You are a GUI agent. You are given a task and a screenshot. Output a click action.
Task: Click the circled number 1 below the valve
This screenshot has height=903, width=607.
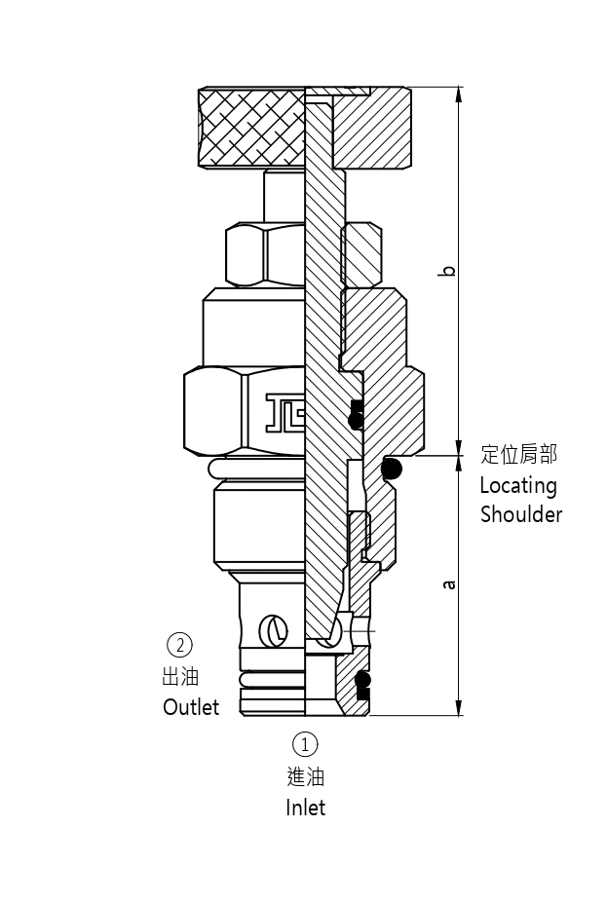click(x=305, y=745)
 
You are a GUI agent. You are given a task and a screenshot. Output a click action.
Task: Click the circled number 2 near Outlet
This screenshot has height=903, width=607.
click(x=179, y=645)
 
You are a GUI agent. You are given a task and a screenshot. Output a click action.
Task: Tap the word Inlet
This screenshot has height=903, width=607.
click(x=305, y=808)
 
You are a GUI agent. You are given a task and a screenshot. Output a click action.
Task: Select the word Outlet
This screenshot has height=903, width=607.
click(x=191, y=707)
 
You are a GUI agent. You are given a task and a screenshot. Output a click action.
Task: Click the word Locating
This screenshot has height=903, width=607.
click(x=518, y=485)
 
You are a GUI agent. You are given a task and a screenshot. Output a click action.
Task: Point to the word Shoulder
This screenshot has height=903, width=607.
click(x=521, y=514)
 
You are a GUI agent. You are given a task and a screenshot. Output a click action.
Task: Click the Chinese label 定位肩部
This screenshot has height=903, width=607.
click(x=519, y=455)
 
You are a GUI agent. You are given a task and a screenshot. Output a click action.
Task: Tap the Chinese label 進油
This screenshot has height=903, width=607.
click(x=305, y=776)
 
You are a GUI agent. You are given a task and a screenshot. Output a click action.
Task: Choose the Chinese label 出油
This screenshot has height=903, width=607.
click(x=180, y=676)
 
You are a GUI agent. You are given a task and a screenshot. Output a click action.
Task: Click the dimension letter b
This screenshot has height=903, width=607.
click(x=447, y=269)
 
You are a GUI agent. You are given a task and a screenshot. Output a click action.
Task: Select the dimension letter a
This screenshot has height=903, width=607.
click(x=448, y=584)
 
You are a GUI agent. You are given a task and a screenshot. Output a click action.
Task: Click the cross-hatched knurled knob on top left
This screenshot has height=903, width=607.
click(x=251, y=126)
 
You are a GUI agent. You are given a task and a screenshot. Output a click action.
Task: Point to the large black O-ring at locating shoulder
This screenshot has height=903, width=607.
click(x=391, y=470)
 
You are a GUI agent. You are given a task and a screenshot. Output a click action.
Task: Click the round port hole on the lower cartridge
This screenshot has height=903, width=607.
click(x=274, y=631)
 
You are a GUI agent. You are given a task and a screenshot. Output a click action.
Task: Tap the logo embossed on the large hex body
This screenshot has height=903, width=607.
click(x=285, y=411)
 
